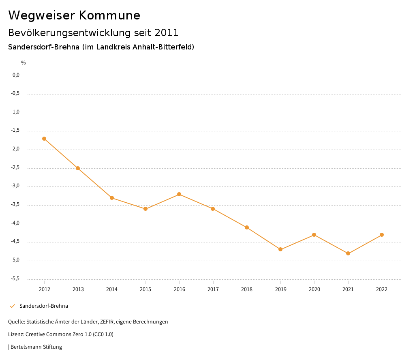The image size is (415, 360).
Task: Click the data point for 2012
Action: click(x=44, y=139)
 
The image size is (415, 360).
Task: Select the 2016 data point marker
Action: click(x=179, y=194)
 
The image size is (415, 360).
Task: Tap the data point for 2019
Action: click(x=280, y=249)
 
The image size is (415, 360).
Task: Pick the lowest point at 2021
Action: click(x=348, y=253)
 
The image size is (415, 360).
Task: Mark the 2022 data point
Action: click(x=382, y=235)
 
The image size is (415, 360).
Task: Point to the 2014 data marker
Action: click(x=112, y=198)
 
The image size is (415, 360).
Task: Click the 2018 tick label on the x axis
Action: click(x=247, y=289)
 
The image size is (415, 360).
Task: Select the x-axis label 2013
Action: click(x=78, y=289)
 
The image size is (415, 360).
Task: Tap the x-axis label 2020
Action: click(x=314, y=289)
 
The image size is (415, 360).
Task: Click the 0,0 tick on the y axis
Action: click(x=16, y=75)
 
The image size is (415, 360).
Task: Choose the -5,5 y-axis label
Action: click(x=16, y=279)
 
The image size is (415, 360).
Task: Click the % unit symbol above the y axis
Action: click(x=24, y=63)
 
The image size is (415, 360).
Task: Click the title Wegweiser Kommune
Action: click(x=74, y=15)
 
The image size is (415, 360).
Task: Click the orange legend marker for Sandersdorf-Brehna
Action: click(x=12, y=306)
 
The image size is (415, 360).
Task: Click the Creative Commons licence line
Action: click(x=61, y=334)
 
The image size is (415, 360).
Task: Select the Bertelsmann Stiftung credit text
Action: click(x=36, y=347)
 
